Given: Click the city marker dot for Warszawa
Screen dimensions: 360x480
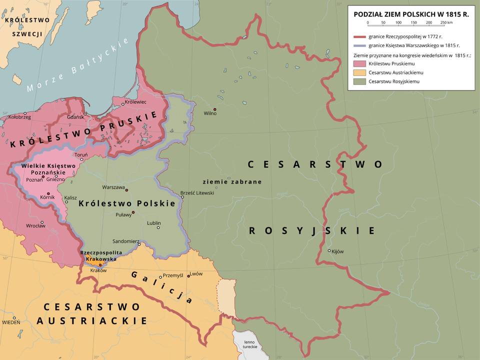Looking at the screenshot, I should click(x=127, y=190).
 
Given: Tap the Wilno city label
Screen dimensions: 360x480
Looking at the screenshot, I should click(x=210, y=113).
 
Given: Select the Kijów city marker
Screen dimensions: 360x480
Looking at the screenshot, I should click(x=329, y=250).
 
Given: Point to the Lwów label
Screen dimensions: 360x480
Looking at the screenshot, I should click(x=196, y=274).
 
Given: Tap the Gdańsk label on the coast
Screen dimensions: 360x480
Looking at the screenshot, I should click(x=74, y=116).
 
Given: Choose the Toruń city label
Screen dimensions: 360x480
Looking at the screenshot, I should click(x=80, y=154).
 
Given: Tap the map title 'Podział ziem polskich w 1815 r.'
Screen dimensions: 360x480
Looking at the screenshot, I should click(x=410, y=14).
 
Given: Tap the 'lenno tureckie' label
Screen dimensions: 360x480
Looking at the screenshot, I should click(x=249, y=344).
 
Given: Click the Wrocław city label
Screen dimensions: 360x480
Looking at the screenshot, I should click(x=36, y=226).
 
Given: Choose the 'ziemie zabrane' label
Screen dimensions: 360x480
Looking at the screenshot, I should click(x=232, y=182).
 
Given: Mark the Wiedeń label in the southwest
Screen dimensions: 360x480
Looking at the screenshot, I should click(x=11, y=322).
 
